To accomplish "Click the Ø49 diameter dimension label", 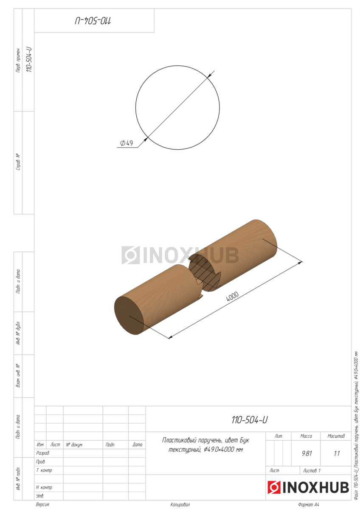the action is (127, 143).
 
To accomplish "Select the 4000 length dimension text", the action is (232, 296).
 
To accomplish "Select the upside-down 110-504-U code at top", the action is (93, 21).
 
